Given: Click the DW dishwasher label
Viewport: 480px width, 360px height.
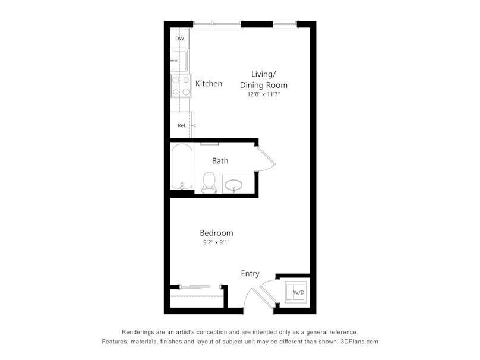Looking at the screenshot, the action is click(x=179, y=39).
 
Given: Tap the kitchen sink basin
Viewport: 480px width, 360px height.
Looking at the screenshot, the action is click(x=179, y=61).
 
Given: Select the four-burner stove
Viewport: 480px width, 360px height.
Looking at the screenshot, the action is click(x=181, y=86).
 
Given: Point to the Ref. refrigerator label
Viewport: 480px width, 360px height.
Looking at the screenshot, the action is click(x=182, y=125).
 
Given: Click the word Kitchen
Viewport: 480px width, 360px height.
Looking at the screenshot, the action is click(x=209, y=84).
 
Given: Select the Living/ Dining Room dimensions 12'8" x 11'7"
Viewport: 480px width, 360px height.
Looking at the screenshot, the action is click(x=264, y=94).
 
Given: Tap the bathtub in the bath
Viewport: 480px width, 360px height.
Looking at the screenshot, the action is click(x=182, y=166).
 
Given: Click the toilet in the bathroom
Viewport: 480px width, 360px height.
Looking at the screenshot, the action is click(x=209, y=183).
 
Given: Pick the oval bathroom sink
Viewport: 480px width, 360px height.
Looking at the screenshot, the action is click(x=233, y=185).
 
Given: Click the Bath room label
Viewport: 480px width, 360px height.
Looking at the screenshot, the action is click(x=220, y=161).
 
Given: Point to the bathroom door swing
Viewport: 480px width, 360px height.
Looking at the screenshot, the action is click(x=266, y=159).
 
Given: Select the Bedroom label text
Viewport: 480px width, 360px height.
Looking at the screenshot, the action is click(x=216, y=233).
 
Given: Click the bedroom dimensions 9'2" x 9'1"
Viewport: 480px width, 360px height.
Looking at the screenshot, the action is click(x=216, y=242).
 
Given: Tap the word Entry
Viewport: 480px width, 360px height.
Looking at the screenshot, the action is click(x=250, y=274).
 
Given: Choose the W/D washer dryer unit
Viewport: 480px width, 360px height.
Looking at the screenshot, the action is click(x=296, y=292).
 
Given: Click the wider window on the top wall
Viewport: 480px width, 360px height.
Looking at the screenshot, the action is click(x=217, y=24).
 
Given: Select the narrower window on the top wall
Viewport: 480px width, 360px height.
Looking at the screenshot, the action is click(x=285, y=24).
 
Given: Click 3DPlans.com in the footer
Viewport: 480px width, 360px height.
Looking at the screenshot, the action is click(x=359, y=342).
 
